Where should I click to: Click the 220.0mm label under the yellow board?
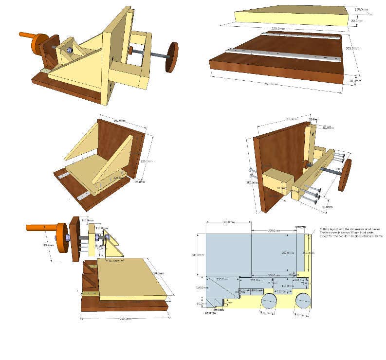pyautogui.click(x=278, y=29)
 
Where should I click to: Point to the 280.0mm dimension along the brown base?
pyautogui.click(x=270, y=84)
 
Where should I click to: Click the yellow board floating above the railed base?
pyautogui.click(x=292, y=16)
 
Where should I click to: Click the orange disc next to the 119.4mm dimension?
pyautogui.click(x=61, y=237)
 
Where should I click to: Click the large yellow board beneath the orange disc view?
pyautogui.click(x=131, y=277)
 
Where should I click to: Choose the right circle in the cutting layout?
pyautogui.click(x=303, y=302)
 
